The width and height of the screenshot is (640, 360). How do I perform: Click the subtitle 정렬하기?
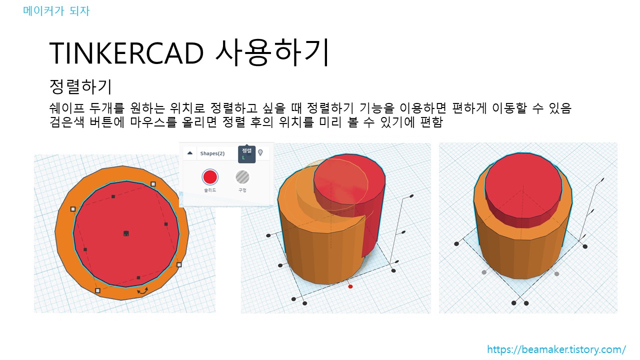(x=80, y=86)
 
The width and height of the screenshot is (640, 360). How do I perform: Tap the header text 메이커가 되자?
(x=56, y=10)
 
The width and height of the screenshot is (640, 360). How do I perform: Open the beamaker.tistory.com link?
(x=556, y=349)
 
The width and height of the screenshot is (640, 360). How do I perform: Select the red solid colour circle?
(x=210, y=177)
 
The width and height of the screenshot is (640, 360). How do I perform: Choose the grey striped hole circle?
(x=242, y=177)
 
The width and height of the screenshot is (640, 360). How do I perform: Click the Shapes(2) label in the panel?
(x=212, y=153)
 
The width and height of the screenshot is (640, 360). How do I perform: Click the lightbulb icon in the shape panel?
(x=260, y=152)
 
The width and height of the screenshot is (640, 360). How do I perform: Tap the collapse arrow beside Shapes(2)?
(x=190, y=153)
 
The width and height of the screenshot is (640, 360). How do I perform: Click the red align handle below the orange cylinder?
(x=350, y=286)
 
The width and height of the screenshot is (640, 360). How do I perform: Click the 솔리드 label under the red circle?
(x=210, y=190)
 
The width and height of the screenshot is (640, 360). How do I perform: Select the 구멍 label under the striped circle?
(x=242, y=190)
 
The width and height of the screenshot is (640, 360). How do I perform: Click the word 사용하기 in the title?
(x=272, y=52)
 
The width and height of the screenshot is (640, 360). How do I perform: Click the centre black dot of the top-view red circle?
(x=126, y=233)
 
